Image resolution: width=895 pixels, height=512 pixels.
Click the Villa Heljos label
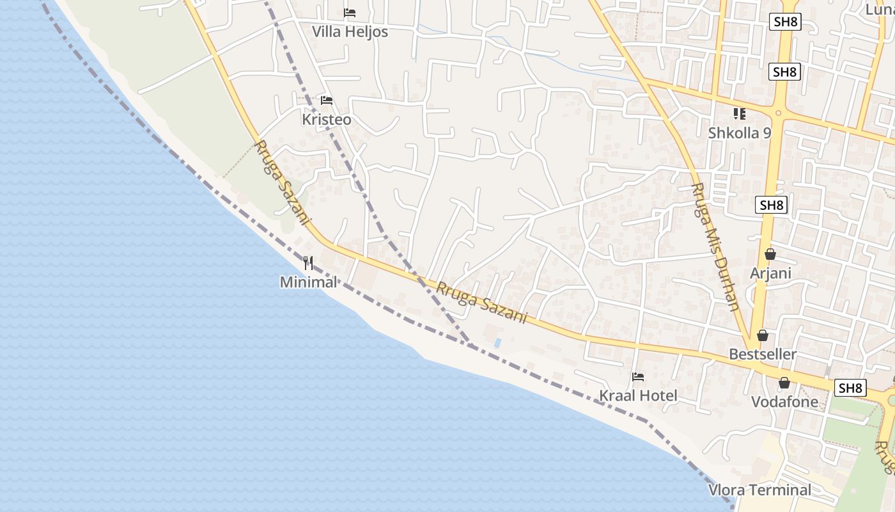(350, 31)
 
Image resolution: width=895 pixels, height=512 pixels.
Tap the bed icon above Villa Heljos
(350, 13)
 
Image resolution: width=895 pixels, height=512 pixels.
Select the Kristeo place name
(326, 120)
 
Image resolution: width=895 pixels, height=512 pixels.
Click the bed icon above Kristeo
(327, 100)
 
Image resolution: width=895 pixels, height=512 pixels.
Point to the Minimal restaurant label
(308, 282)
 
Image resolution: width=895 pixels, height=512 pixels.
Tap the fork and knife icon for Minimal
(308, 263)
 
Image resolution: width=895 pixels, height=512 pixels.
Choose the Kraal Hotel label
(638, 396)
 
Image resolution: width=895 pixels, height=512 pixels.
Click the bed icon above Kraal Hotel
(638, 377)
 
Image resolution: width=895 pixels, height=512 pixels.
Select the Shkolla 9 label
(740, 133)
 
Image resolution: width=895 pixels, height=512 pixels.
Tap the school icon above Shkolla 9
(740, 114)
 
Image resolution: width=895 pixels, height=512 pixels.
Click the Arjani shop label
(771, 273)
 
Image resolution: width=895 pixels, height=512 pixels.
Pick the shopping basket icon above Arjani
(770, 255)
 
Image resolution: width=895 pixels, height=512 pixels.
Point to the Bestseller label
(763, 354)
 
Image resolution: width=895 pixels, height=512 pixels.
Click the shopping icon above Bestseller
(763, 335)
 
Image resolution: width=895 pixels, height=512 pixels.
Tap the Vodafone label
(784, 402)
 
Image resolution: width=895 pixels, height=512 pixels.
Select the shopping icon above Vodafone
(784, 383)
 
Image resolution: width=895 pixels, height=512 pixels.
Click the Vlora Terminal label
(759, 490)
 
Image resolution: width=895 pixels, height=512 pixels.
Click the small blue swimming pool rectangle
(497, 343)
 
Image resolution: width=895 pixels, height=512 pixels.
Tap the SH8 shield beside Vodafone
(851, 388)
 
